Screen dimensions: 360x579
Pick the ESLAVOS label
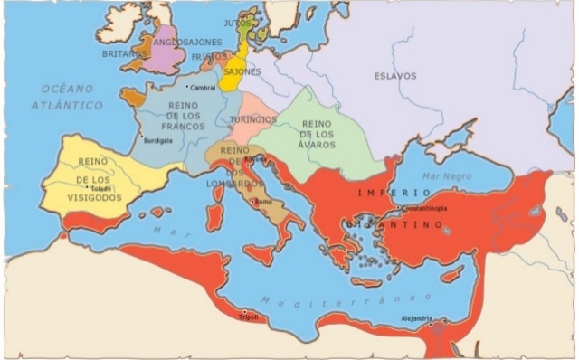pos(395,76)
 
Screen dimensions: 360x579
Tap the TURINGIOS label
pos(252,119)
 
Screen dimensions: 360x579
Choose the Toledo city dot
pos(88,186)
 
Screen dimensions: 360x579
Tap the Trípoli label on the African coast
pos(248,317)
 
